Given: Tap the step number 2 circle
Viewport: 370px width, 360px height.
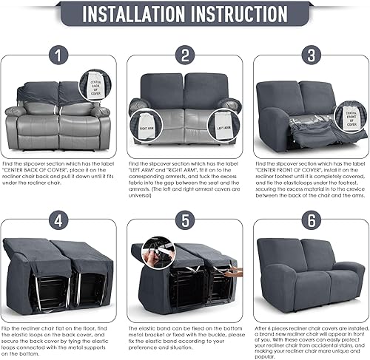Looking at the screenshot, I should click(184, 55).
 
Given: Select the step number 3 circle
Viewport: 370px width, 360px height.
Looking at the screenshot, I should click(309, 55).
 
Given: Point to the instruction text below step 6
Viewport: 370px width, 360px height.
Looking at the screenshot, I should click(309, 340).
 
